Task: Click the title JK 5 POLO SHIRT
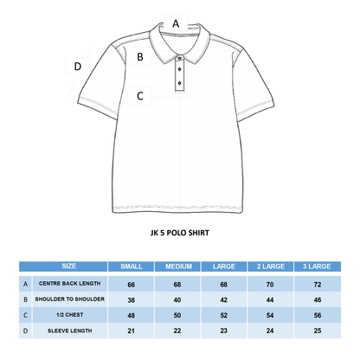click(179, 232)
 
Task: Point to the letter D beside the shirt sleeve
click(78, 66)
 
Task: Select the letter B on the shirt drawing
click(140, 57)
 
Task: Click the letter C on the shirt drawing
click(140, 96)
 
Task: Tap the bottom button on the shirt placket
click(179, 84)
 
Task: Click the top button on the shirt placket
click(179, 58)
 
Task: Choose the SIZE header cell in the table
click(69, 267)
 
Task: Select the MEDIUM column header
click(179, 267)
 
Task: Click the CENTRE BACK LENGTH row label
click(70, 283)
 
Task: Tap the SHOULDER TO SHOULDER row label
click(70, 299)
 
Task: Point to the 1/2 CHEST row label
click(70, 315)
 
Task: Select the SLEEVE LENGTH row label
click(70, 331)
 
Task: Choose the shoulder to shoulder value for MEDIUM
click(179, 299)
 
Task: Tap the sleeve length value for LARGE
click(225, 331)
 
